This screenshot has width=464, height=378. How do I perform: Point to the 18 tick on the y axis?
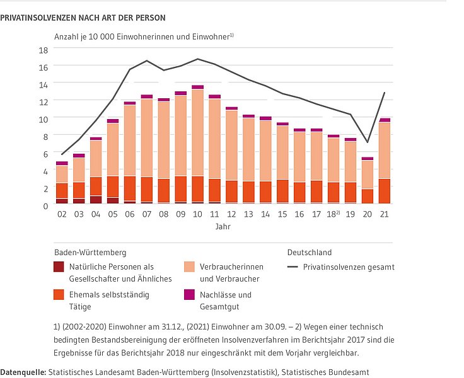tap(43, 49)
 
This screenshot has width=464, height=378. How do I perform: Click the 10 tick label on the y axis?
tap(43, 118)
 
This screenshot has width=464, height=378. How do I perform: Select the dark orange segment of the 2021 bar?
tap(384, 191)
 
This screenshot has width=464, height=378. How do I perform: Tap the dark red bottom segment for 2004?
tap(95, 200)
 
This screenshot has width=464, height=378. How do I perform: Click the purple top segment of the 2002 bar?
tap(62, 163)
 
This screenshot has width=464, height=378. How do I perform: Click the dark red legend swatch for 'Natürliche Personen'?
tap(60, 267)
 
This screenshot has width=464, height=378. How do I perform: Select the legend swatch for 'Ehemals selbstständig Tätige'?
tap(60, 295)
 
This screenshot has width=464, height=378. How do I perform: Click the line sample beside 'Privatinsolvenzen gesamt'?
tap(293, 267)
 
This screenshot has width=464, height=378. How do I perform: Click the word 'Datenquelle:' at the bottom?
tap(23, 372)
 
